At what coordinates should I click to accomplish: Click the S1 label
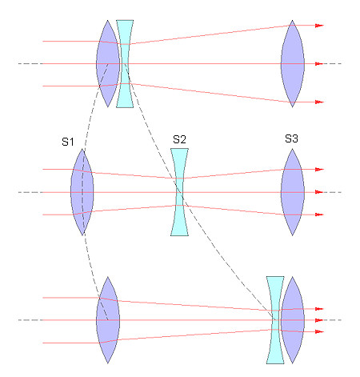click(68, 142)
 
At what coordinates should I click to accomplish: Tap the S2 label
click(179, 139)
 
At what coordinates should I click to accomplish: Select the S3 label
click(291, 138)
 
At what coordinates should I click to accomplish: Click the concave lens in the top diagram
click(125, 64)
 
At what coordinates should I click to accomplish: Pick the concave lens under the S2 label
click(179, 192)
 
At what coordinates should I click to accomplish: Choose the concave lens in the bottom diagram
click(275, 320)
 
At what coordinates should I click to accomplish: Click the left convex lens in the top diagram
click(108, 64)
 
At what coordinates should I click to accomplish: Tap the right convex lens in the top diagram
click(293, 64)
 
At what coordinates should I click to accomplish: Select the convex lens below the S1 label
click(82, 192)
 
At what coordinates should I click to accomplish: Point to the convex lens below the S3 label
click(293, 192)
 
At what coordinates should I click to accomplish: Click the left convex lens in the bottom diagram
click(108, 320)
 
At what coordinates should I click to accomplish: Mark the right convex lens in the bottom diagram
click(293, 320)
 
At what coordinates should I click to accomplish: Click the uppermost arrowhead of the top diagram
click(319, 26)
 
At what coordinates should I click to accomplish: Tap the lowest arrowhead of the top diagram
click(319, 102)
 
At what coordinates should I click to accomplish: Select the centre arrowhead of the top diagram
click(319, 64)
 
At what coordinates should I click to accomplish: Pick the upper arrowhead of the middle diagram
click(319, 170)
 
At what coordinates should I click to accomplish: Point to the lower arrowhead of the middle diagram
click(319, 215)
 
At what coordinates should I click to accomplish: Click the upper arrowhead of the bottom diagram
click(319, 309)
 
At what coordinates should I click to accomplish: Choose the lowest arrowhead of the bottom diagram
click(319, 331)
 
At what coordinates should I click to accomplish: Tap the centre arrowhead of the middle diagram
click(319, 192)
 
